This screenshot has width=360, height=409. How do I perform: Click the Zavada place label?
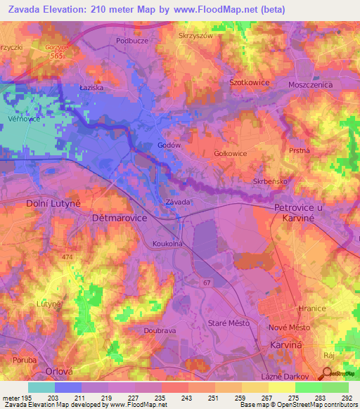click(177, 202)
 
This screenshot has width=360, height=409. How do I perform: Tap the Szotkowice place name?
click(250, 82)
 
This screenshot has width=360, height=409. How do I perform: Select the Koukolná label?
click(168, 244)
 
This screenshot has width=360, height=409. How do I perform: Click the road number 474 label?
click(67, 258)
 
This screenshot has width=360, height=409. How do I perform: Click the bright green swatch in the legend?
click(308, 387)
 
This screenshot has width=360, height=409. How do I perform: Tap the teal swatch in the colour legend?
click(41, 387)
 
